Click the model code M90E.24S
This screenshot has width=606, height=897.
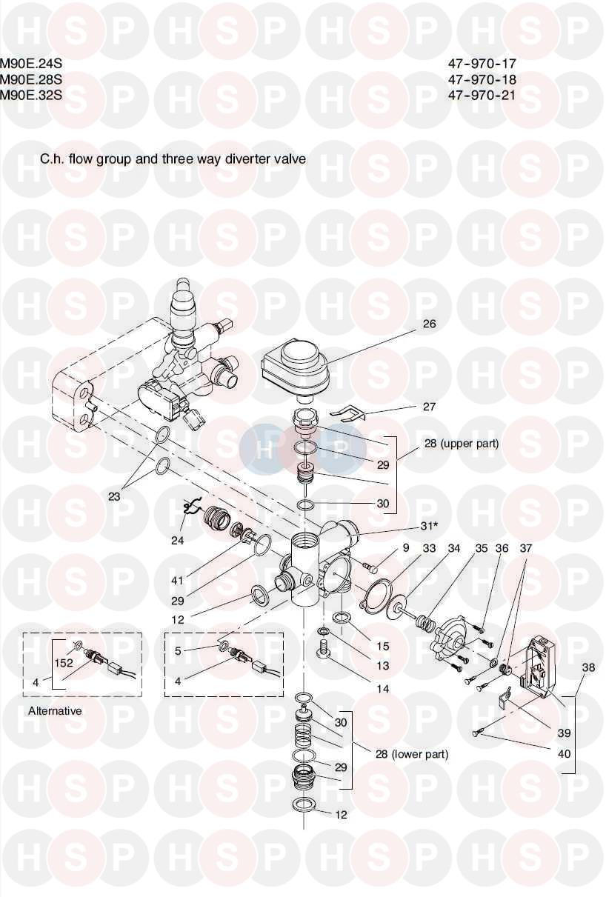(x=31, y=64)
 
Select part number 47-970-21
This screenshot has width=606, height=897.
(x=482, y=95)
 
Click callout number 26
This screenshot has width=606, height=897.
(x=429, y=324)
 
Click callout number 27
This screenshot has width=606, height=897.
(x=429, y=407)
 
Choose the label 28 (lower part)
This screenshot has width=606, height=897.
(x=411, y=754)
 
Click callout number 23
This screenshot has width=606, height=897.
(x=114, y=497)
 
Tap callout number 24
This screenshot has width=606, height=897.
(x=177, y=540)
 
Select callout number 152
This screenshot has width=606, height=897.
(x=64, y=663)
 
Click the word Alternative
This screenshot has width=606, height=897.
(x=55, y=711)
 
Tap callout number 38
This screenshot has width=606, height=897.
(x=588, y=667)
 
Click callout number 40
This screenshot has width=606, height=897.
(x=564, y=754)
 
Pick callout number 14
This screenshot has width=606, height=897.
(x=382, y=688)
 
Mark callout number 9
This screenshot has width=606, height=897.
(x=405, y=549)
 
